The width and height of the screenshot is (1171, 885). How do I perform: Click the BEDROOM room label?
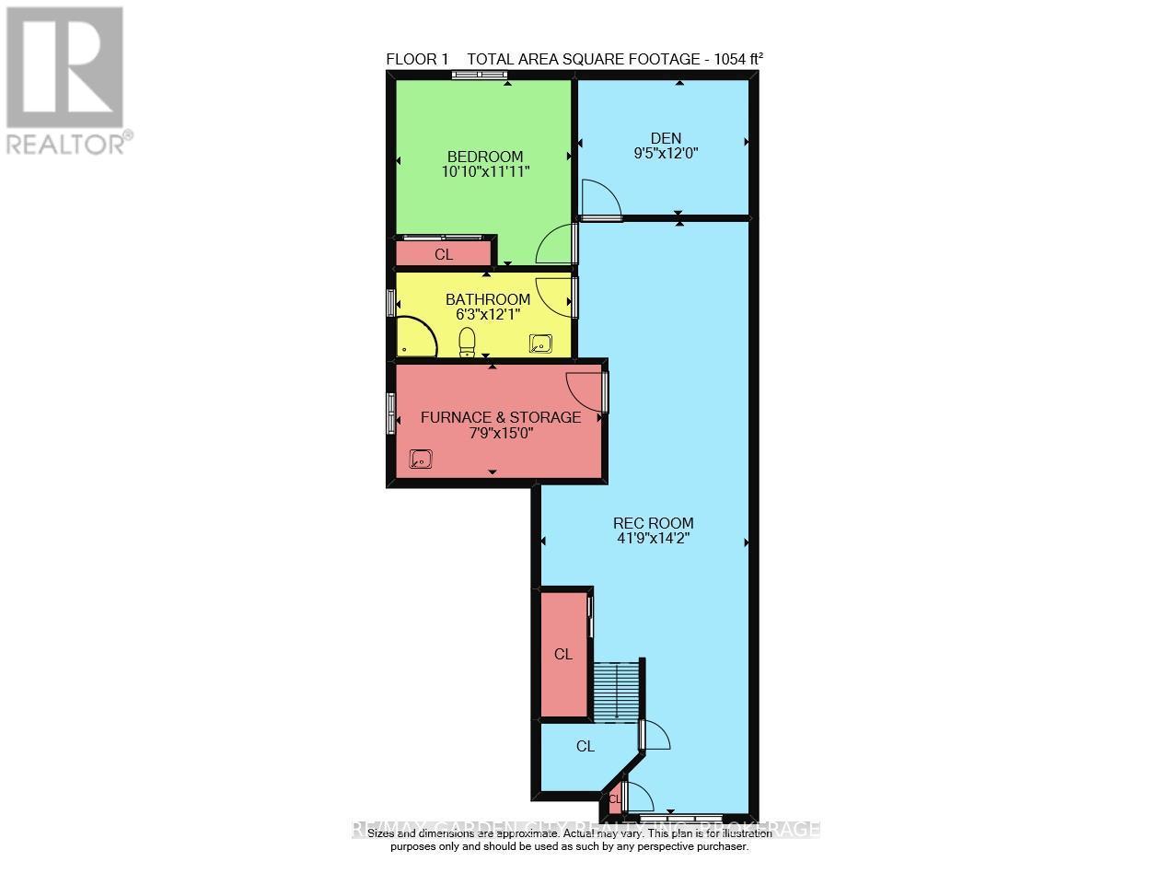pyautogui.click(x=485, y=157)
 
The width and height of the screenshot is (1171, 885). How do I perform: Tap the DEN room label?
pyautogui.click(x=665, y=139)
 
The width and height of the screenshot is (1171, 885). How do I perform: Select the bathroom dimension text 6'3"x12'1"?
pyautogui.click(x=488, y=314)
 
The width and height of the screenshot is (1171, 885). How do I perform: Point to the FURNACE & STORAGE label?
pyautogui.click(x=500, y=417)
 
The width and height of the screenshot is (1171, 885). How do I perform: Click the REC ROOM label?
pyautogui.click(x=653, y=523)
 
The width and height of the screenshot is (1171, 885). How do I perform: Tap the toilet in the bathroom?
pyautogui.click(x=467, y=343)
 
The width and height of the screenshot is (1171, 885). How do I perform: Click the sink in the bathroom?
pyautogui.click(x=540, y=344)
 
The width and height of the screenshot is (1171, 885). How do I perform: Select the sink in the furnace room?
pyautogui.click(x=421, y=458)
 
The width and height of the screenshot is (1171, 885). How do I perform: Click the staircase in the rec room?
pyautogui.click(x=614, y=691)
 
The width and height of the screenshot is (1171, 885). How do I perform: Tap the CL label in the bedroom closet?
pyautogui.click(x=444, y=255)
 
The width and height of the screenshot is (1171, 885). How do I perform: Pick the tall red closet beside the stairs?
pyautogui.click(x=562, y=654)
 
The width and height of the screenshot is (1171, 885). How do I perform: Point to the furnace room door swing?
pyautogui.click(x=586, y=389)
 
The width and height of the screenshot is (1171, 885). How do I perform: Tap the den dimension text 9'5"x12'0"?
pyautogui.click(x=666, y=155)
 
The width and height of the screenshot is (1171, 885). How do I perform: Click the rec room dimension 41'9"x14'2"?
pyautogui.click(x=653, y=539)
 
